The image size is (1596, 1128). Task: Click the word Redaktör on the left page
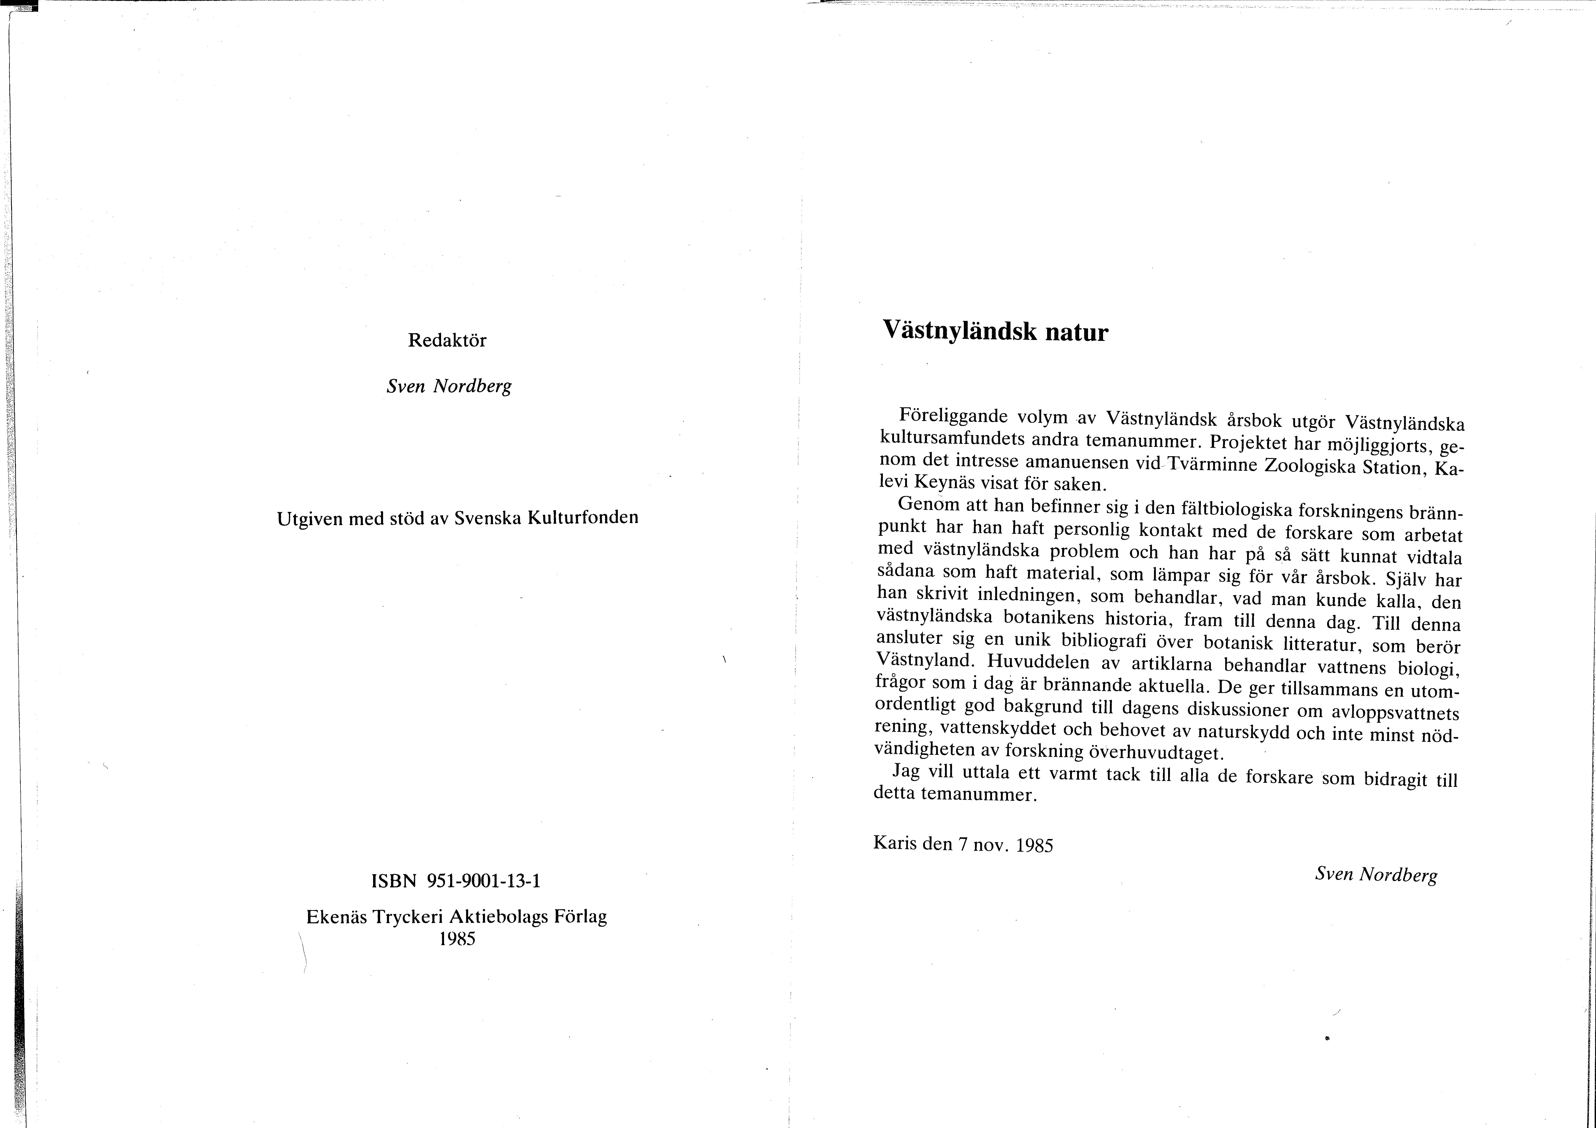[447, 340]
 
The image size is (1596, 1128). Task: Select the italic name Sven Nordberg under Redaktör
[448, 386]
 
